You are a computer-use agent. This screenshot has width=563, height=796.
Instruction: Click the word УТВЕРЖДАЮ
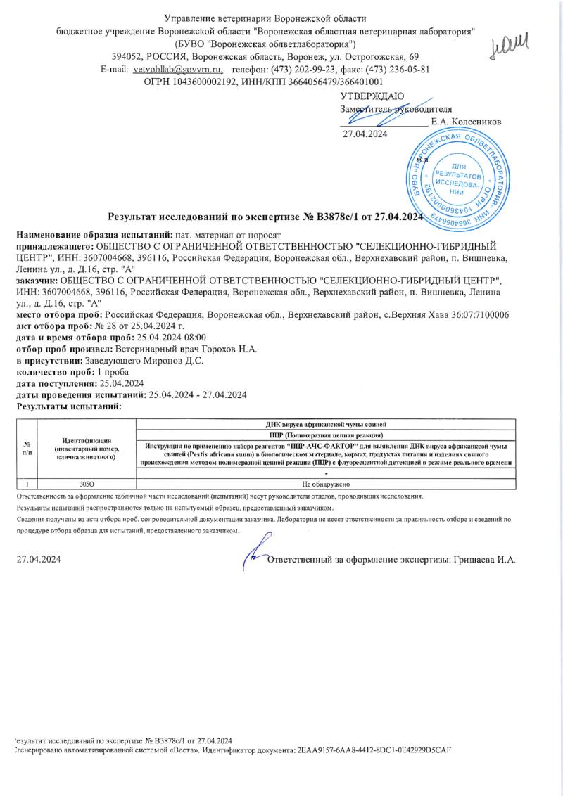tap(372, 96)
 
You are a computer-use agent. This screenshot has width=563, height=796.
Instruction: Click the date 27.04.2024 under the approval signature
tap(365, 134)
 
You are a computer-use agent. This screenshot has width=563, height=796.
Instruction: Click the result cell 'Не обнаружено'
tap(325, 484)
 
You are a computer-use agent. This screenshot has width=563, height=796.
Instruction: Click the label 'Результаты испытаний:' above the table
tap(69, 406)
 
